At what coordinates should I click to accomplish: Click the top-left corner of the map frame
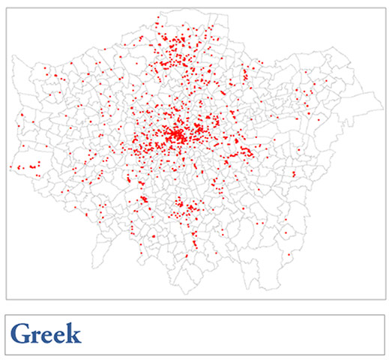(6, 7)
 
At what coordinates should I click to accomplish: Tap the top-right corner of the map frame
(385, 7)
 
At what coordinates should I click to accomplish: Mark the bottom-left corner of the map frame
(6, 300)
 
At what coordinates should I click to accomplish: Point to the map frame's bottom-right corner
(385, 300)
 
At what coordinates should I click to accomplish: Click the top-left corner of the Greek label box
(6, 315)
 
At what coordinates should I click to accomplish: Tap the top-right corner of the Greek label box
(385, 315)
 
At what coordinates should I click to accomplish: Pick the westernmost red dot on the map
(10, 167)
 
